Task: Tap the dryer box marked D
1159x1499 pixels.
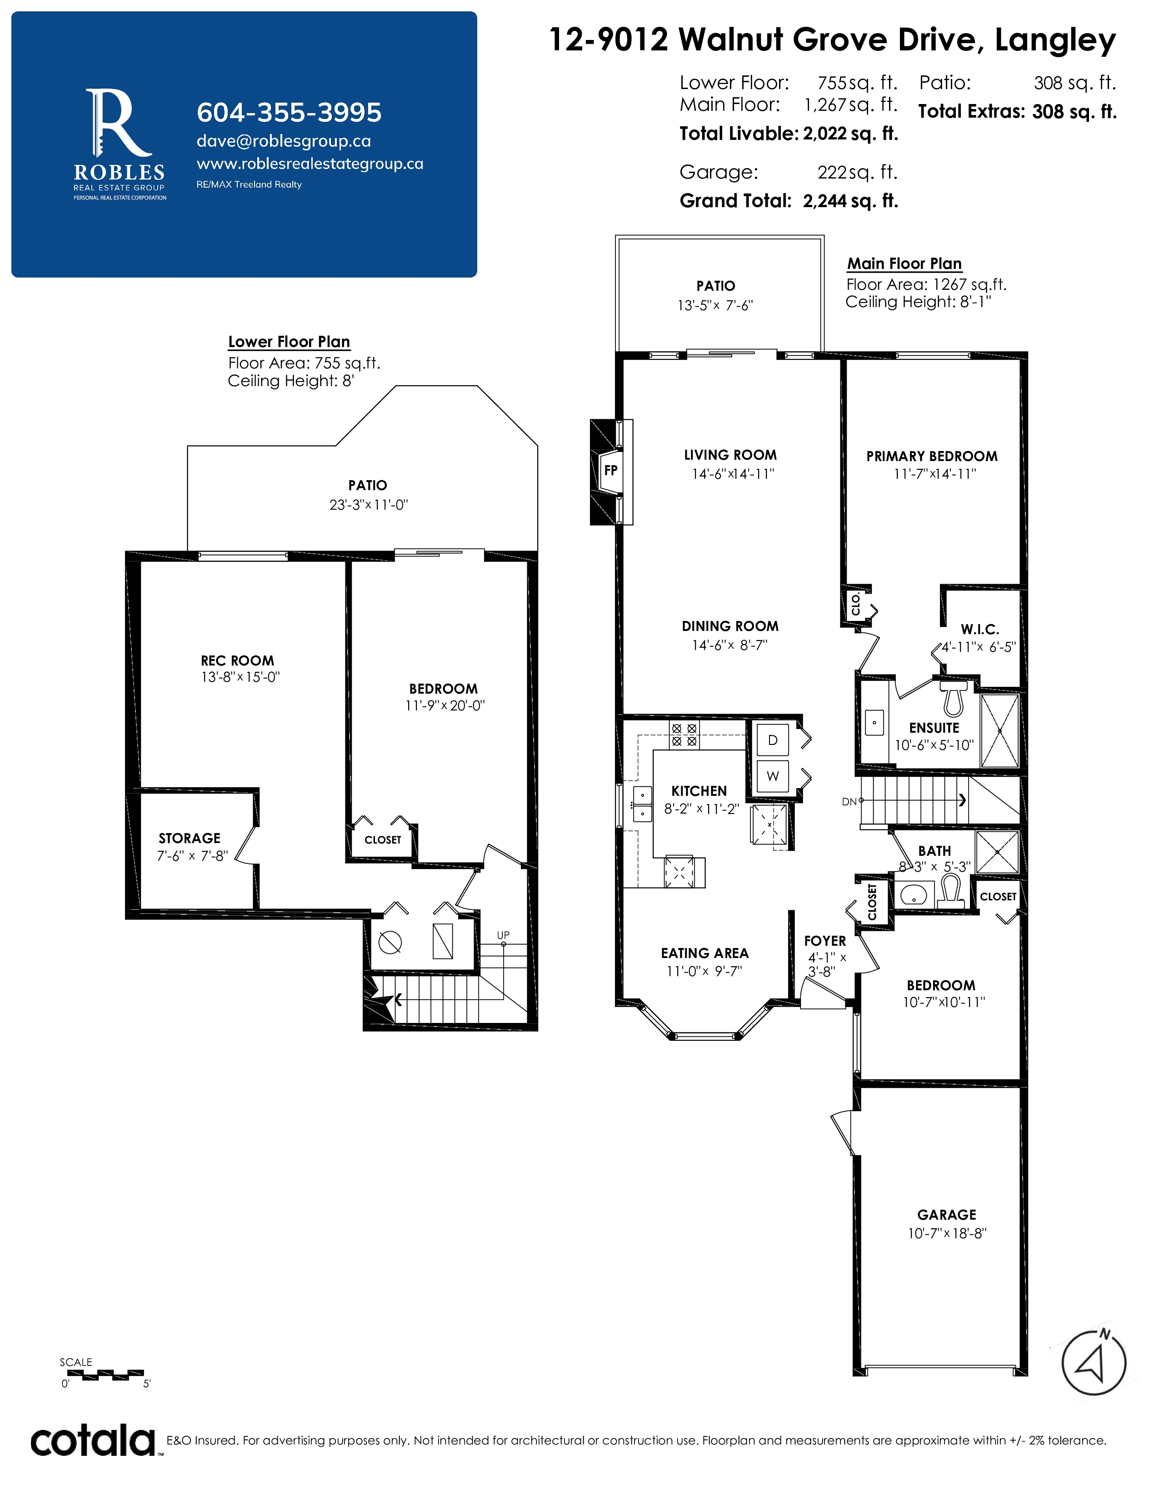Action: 772,740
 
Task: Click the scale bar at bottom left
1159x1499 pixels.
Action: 105,1375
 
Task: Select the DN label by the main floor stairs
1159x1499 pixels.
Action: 849,801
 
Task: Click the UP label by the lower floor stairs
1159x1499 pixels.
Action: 503,935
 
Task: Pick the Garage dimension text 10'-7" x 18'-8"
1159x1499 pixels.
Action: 947,1233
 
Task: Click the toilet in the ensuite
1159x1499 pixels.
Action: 953,699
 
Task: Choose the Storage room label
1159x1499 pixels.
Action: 190,838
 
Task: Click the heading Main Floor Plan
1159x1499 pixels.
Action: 904,263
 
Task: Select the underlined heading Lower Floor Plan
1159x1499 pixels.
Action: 289,342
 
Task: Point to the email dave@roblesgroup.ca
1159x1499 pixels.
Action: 284,141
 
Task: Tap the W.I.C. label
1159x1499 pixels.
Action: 980,630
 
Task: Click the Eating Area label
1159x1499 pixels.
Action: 705,953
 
